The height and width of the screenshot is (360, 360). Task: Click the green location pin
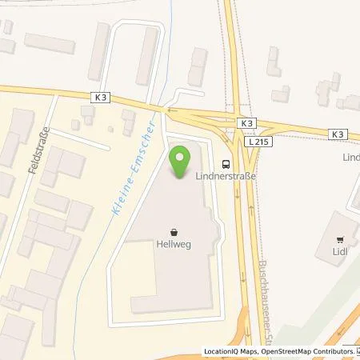click(180, 163)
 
